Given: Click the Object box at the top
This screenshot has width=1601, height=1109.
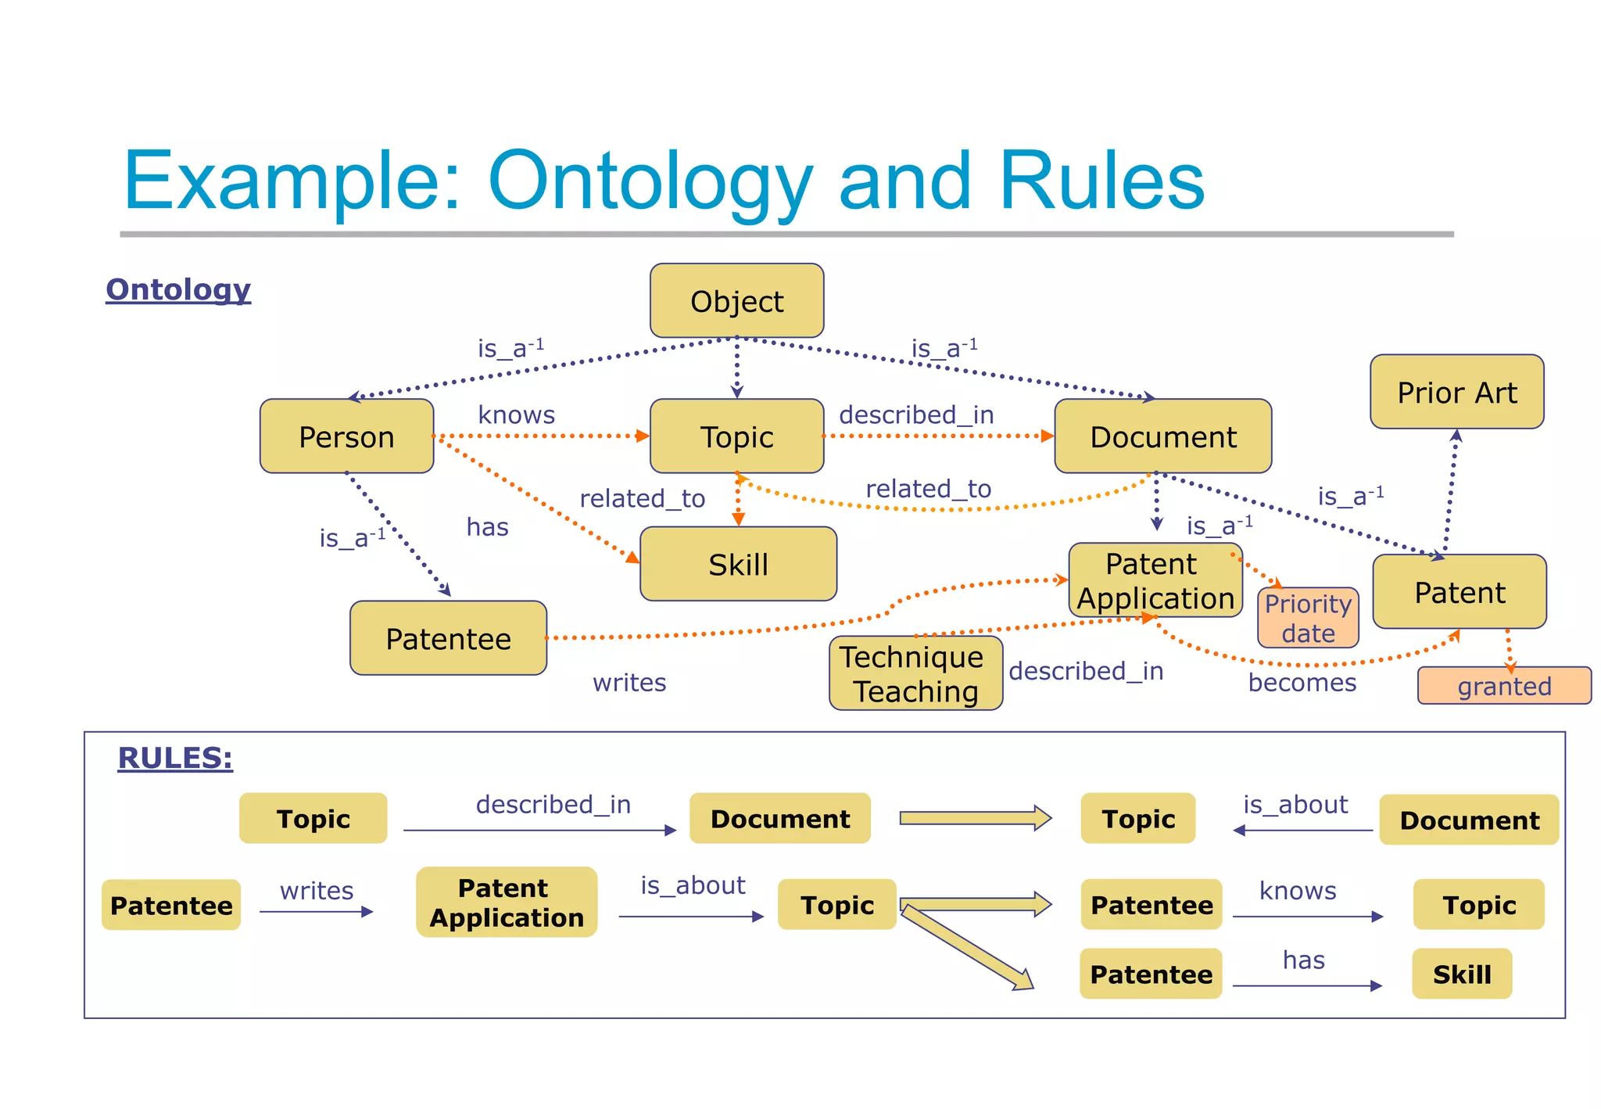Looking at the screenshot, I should click(736, 301).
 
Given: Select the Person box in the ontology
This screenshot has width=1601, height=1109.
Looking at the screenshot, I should click(346, 436).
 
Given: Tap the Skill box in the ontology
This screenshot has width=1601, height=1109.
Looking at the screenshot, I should click(738, 564).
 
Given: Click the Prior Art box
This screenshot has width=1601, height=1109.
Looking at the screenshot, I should click(1456, 392).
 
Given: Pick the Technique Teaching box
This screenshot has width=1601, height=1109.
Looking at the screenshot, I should click(915, 673).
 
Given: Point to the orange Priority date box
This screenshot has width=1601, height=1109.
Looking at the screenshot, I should click(1308, 618).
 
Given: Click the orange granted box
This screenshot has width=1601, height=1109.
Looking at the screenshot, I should click(1504, 686).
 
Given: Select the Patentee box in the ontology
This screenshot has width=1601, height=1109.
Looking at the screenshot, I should click(448, 638).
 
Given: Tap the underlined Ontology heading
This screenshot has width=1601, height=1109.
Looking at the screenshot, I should click(178, 289).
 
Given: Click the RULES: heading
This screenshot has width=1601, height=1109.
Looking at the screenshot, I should click(175, 758).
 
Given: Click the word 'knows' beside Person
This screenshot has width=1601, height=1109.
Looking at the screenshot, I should click(516, 415).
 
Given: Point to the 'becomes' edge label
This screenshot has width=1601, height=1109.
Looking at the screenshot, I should click(1302, 683).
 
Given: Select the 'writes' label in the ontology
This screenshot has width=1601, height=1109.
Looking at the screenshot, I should click(629, 683).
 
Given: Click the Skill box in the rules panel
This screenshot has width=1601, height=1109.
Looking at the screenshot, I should click(1461, 974).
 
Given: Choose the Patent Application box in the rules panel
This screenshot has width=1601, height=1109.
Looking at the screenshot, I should click(507, 903).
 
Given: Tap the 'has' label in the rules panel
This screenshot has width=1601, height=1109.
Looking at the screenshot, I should click(1303, 960).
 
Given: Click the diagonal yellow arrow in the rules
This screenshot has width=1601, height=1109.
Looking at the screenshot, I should click(968, 947).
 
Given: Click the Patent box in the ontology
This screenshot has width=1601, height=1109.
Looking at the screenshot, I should click(1460, 592).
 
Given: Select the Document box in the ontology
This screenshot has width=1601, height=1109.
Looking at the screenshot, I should click(1162, 436).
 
